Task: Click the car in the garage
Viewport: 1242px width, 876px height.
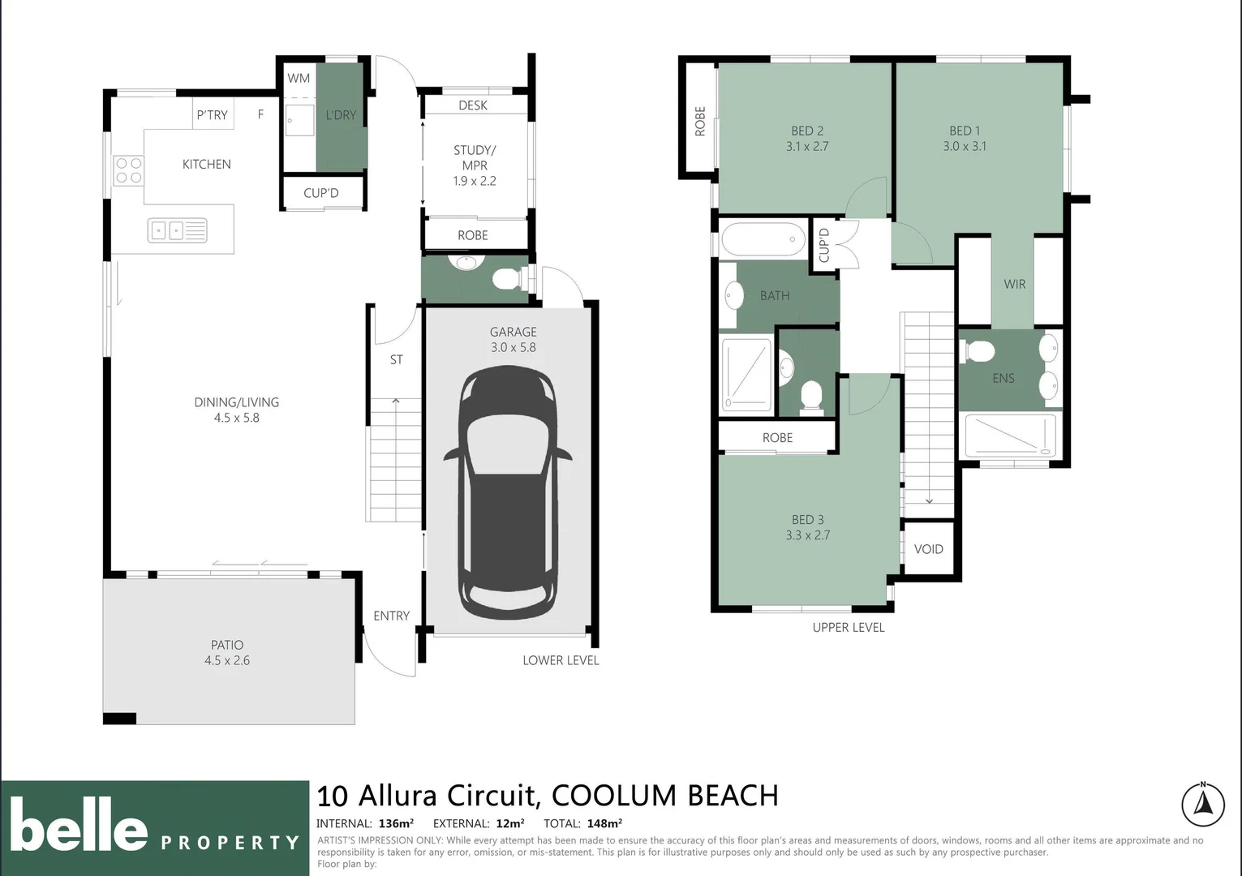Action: point(508,493)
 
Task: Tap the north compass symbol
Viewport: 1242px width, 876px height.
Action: point(1202,805)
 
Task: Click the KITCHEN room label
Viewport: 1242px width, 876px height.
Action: point(206,165)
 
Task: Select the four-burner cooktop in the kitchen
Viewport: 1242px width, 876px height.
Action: point(128,170)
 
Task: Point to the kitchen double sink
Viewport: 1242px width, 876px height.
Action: point(177,230)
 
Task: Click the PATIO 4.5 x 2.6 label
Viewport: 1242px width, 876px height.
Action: point(227,653)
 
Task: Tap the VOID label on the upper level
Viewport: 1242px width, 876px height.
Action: point(928,549)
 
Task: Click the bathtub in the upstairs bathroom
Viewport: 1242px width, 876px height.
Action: point(763,240)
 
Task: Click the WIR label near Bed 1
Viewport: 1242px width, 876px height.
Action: point(1014,284)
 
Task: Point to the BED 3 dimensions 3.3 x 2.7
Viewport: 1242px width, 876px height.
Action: point(807,535)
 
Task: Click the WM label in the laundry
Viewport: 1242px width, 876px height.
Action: point(299,79)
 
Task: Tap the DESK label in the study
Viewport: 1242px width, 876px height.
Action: point(473,105)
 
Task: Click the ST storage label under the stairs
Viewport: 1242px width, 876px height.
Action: point(396,359)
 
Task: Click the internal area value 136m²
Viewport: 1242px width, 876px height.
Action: point(396,823)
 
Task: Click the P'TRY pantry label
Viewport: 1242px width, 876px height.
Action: point(212,115)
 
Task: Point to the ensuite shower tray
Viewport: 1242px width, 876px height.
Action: point(1010,436)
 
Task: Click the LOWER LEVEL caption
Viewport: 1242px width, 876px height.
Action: point(561,660)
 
